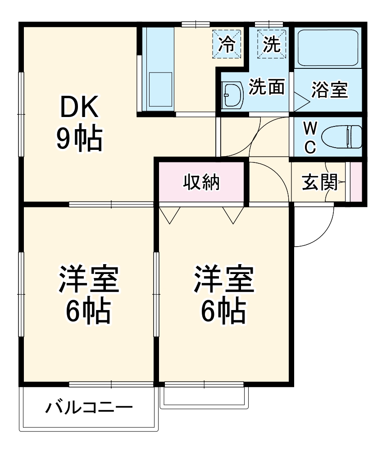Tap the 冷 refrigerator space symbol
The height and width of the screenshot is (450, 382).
tap(227, 44)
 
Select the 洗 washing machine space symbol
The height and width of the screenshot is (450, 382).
tap(272, 44)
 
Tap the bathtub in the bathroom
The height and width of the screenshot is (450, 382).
tap(328, 48)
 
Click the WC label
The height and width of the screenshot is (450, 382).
tap(309, 137)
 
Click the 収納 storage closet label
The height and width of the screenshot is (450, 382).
tap(201, 182)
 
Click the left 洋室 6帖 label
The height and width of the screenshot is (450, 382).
tap(88, 295)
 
